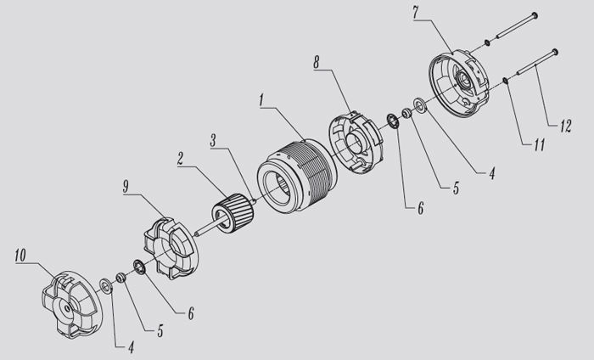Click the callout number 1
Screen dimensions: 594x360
[x=261, y=100]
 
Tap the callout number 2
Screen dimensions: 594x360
[x=180, y=159]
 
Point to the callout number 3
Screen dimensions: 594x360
[x=213, y=140]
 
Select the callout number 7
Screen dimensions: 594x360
[x=416, y=14]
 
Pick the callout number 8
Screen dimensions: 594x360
[x=317, y=62]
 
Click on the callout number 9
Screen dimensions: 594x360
[x=126, y=187]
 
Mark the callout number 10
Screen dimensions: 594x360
[x=20, y=255]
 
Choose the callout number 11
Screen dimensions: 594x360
[x=539, y=144]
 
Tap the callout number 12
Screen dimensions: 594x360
[x=565, y=127]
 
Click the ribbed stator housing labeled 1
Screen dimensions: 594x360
[x=297, y=175]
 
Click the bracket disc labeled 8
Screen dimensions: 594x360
[x=356, y=143]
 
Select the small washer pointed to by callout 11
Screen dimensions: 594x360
[x=506, y=81]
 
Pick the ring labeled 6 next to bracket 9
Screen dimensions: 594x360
[x=139, y=267]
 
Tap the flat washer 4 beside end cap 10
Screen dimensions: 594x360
[x=106, y=285]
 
